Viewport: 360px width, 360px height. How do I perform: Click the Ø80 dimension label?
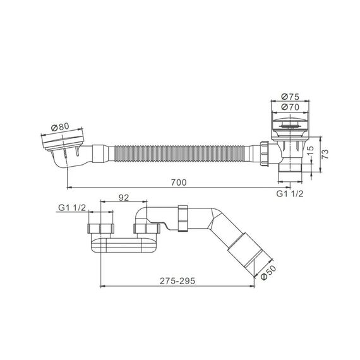(x=61, y=127)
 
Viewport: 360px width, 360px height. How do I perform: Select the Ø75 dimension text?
(x=290, y=97)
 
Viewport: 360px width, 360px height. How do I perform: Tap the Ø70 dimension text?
(x=290, y=107)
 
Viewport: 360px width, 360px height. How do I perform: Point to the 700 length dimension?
(x=179, y=183)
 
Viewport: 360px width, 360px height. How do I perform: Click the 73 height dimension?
(x=325, y=154)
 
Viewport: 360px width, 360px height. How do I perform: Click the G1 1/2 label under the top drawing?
(x=290, y=194)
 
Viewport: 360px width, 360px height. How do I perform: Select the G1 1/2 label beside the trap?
(x=72, y=208)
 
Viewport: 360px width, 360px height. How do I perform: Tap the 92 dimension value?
(x=124, y=198)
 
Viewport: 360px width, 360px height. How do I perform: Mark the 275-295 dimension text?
(x=177, y=281)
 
